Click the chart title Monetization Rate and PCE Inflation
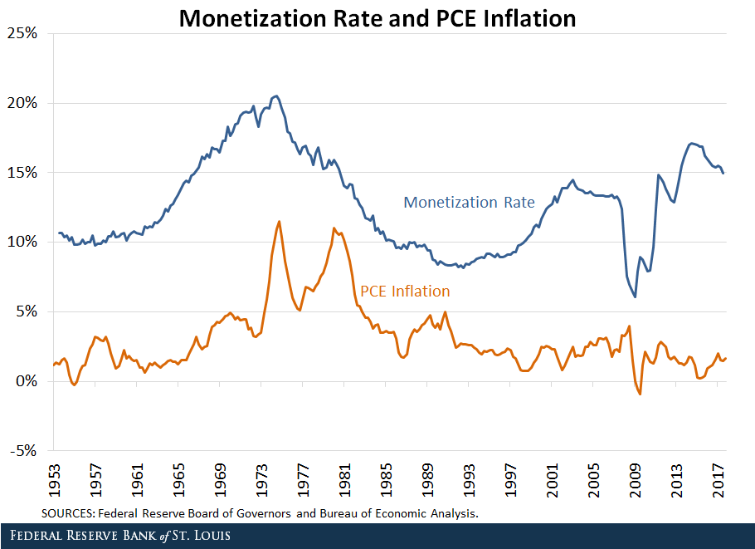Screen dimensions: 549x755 [x=377, y=18]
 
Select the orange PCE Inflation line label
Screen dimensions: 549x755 [x=405, y=292]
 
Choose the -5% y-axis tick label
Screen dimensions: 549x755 [x=24, y=451]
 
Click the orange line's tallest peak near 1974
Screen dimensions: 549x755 [x=279, y=221]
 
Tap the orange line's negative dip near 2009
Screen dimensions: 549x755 [x=640, y=394]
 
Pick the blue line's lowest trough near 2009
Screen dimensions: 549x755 [x=635, y=297]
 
